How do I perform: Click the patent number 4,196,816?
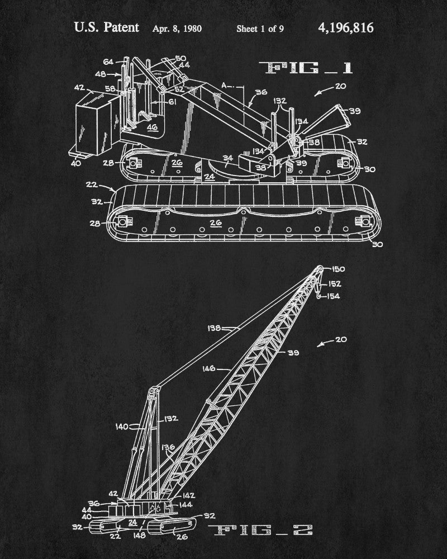[345, 28]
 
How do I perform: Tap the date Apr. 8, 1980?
[177, 29]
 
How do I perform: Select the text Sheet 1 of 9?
[260, 29]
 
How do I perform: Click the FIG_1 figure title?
[306, 68]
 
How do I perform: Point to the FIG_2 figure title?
[260, 530]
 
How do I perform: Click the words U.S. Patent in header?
[107, 27]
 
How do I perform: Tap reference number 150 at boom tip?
[338, 269]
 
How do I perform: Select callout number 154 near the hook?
[333, 296]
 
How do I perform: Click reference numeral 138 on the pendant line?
[214, 328]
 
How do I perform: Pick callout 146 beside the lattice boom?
[209, 368]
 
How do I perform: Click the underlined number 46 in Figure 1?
[152, 127]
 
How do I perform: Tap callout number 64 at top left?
[108, 61]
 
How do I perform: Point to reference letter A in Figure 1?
[224, 85]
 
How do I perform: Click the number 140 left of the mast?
[122, 427]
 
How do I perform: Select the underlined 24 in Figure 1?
[210, 176]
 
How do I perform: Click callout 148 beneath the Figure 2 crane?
[139, 535]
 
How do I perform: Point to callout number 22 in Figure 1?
[92, 184]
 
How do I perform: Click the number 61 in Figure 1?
[173, 102]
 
